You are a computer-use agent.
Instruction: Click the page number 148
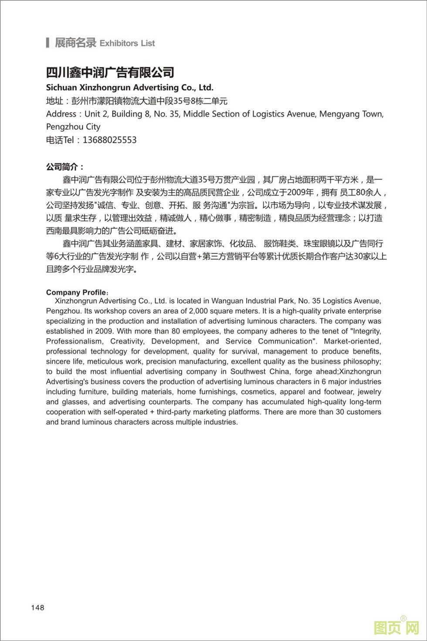[37, 607]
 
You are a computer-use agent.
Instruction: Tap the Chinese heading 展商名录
[75, 43]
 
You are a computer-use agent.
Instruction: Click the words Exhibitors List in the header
[127, 43]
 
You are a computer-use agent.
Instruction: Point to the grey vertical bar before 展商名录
[47, 43]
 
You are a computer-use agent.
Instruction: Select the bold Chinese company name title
[110, 72]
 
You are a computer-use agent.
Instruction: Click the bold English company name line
[129, 87]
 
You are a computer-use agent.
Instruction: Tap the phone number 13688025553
[109, 140]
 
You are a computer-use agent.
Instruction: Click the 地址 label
[54, 101]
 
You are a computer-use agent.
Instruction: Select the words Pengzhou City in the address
[73, 127]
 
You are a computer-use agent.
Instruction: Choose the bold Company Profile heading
[76, 292]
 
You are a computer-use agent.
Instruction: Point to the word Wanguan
[229, 301]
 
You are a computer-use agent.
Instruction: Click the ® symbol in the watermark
[403, 618]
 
